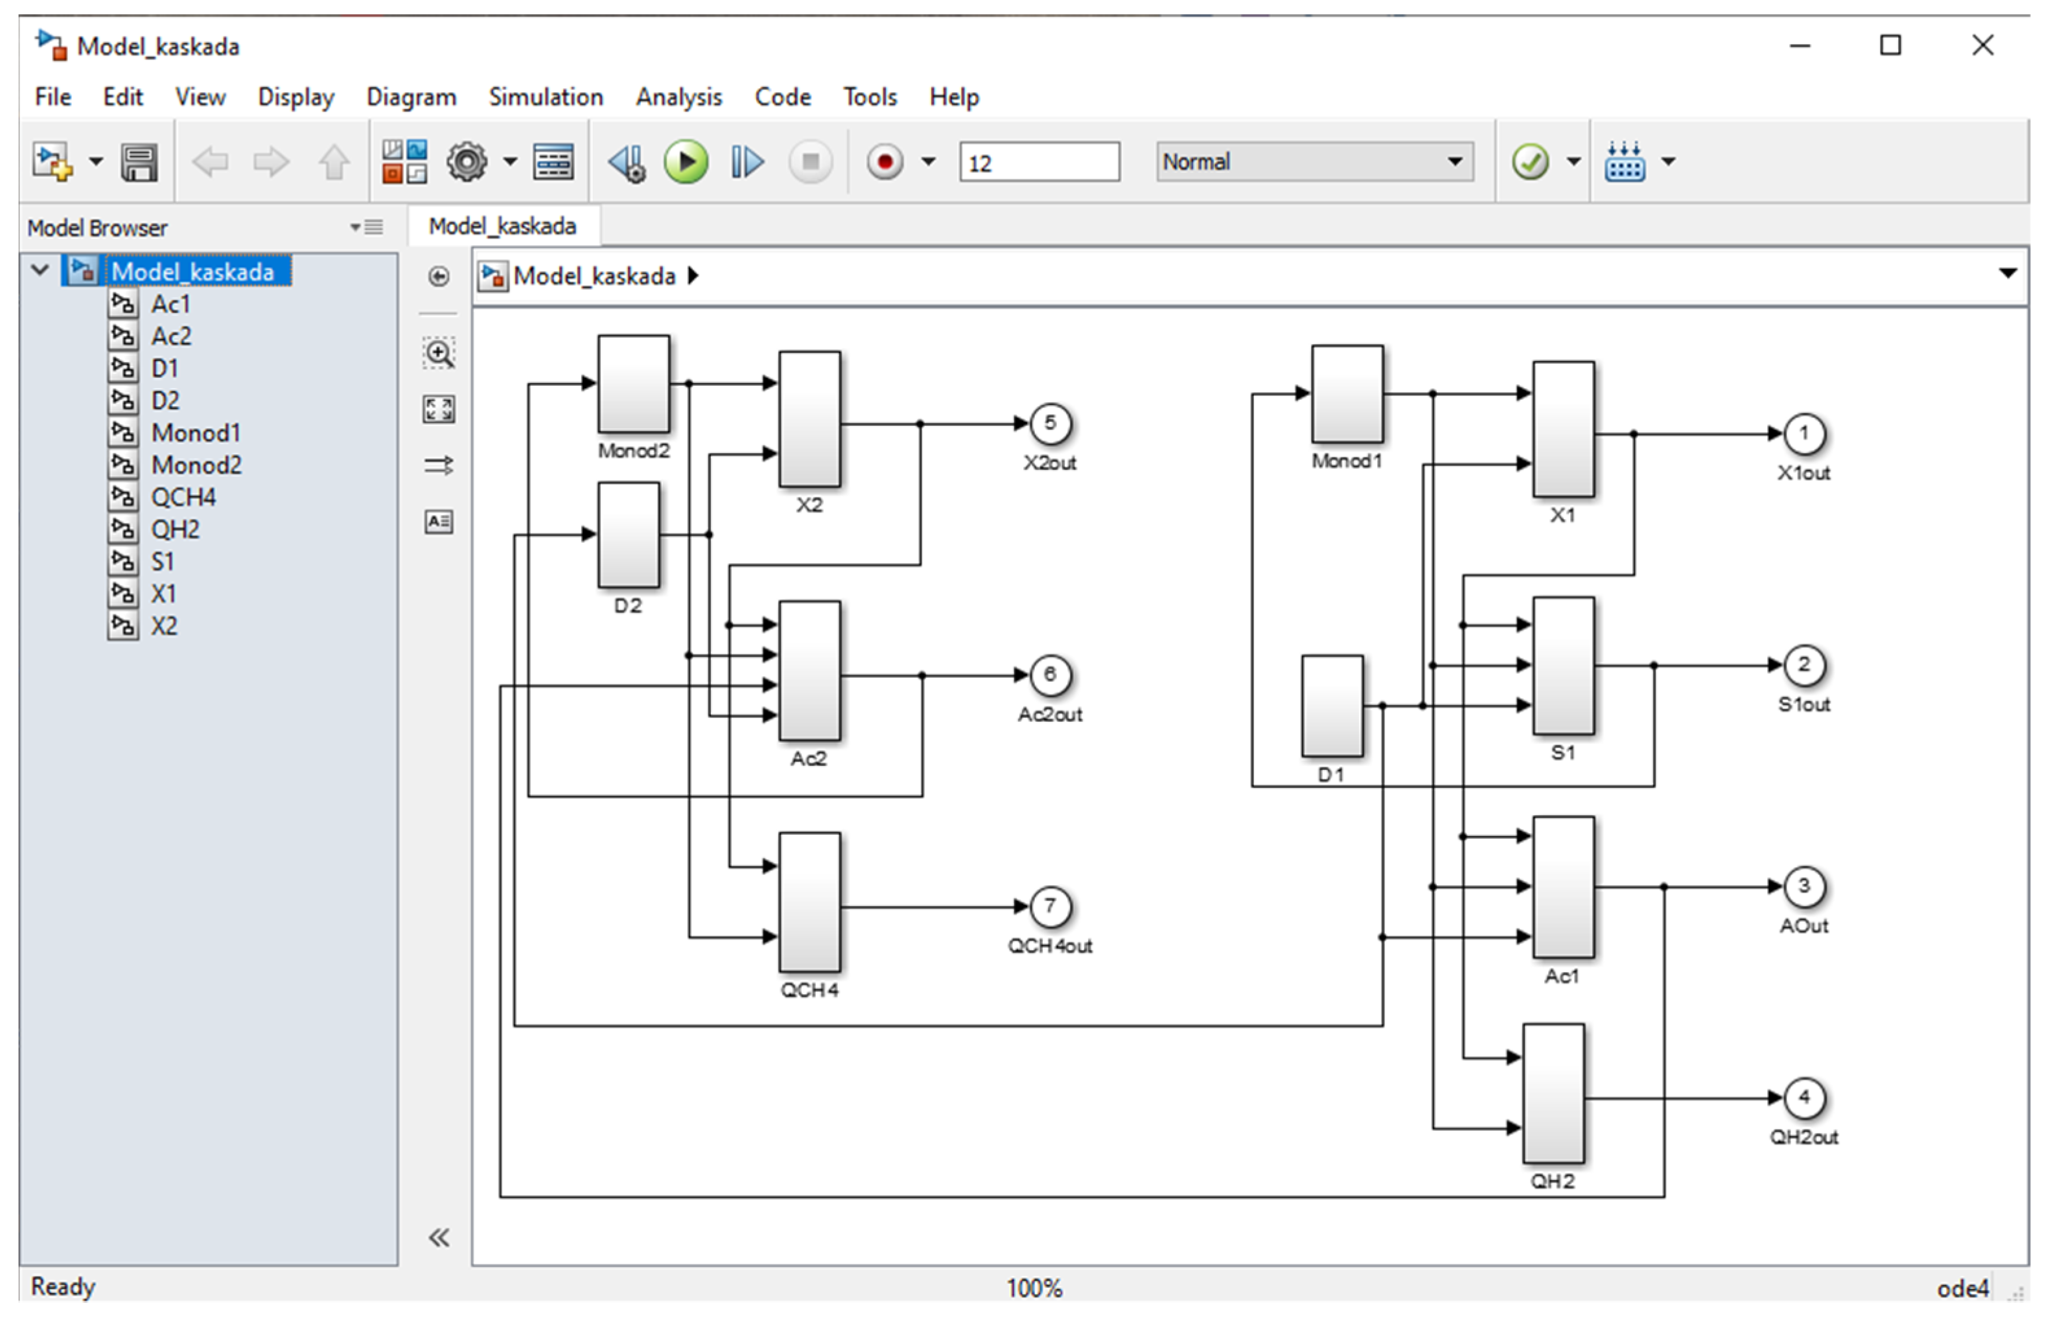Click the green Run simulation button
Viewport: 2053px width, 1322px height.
(x=686, y=161)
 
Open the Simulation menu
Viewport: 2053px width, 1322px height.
(x=546, y=97)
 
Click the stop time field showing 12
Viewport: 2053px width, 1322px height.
(x=1039, y=162)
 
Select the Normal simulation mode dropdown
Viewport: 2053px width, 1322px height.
(x=1313, y=161)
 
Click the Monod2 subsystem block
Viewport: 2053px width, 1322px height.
(x=633, y=384)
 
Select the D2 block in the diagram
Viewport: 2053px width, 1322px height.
(x=628, y=535)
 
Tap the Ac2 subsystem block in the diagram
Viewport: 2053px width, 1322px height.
(x=809, y=671)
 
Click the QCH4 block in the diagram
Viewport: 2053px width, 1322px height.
(x=809, y=902)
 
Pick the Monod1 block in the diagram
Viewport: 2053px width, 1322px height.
(x=1347, y=394)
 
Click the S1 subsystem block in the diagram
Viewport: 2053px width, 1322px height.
(x=1563, y=666)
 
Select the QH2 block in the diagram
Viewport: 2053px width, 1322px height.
(x=1553, y=1093)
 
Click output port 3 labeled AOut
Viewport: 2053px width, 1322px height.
(x=1804, y=886)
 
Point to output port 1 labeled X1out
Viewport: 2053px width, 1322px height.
(x=1804, y=434)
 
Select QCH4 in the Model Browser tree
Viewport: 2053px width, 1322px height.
(x=183, y=497)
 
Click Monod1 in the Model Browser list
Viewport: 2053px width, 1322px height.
(x=196, y=433)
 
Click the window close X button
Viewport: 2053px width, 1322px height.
(x=1982, y=45)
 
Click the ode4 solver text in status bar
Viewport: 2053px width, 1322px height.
(x=1962, y=1288)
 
